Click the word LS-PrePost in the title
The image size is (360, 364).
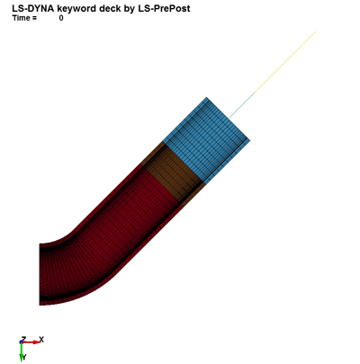164,8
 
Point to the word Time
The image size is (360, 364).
21,18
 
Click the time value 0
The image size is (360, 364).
61,18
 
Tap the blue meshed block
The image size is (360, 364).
206,140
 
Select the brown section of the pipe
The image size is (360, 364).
174,173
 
